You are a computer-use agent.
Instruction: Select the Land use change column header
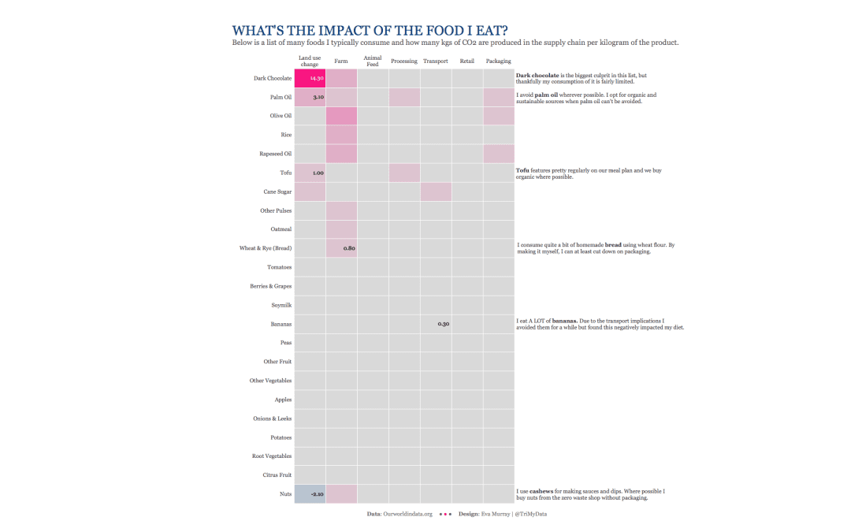tap(310, 61)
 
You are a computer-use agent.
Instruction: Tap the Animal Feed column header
tap(373, 61)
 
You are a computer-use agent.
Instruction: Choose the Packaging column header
tap(498, 61)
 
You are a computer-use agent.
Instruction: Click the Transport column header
tap(435, 61)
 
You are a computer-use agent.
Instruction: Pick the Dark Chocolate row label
tap(273, 79)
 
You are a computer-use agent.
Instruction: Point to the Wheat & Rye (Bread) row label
tap(266, 248)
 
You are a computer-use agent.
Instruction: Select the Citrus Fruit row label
tap(277, 475)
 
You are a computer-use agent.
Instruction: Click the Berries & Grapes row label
tap(271, 286)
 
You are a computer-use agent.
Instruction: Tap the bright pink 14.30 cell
tap(310, 78)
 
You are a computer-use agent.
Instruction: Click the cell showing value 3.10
tap(310, 97)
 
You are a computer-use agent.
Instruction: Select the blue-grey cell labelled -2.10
tap(310, 494)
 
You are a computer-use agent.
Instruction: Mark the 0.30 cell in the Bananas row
tap(436, 324)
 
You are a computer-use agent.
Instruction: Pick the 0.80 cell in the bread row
tap(341, 248)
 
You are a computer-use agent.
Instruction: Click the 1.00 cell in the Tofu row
tap(310, 173)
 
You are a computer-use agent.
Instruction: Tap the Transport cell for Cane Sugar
tap(436, 192)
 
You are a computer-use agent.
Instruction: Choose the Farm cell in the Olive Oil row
tap(341, 116)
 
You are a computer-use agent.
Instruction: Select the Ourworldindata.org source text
tap(407, 514)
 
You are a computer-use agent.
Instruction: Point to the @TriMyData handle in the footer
tap(531, 514)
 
